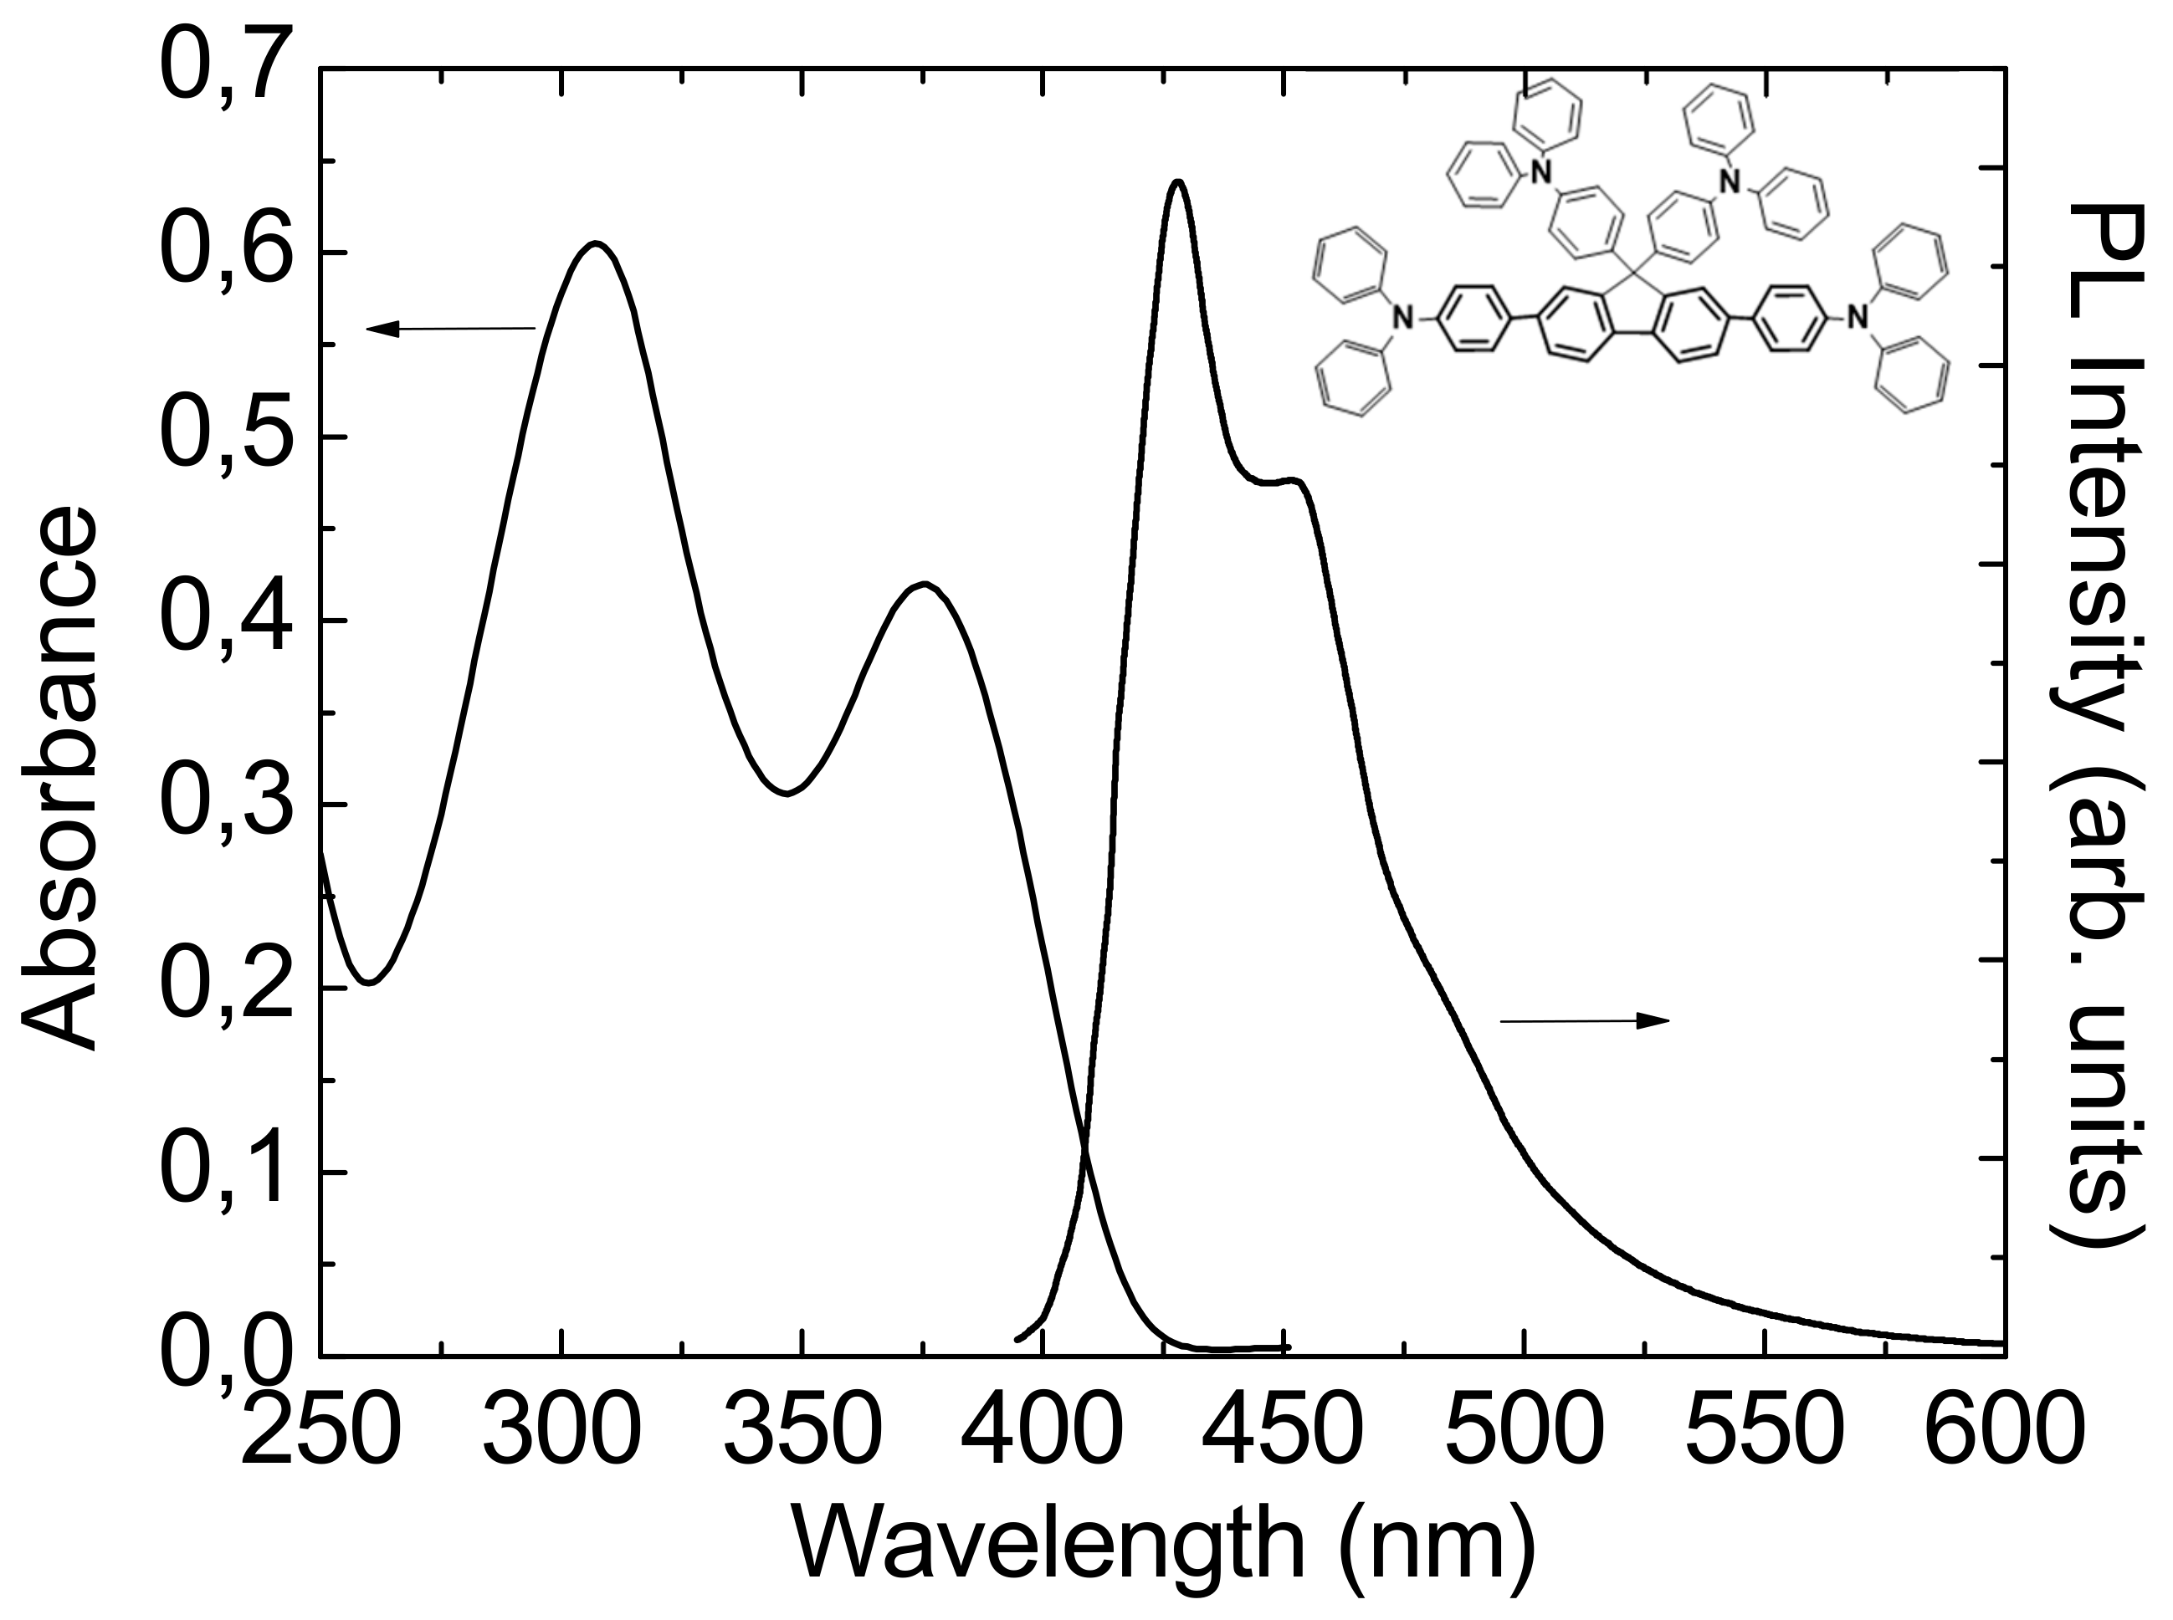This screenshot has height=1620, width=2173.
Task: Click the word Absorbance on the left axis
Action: (59, 779)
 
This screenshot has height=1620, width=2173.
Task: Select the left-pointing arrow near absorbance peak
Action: (451, 329)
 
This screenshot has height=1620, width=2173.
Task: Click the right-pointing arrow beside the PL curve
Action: (1585, 1022)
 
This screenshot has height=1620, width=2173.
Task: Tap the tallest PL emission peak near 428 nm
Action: (1178, 181)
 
